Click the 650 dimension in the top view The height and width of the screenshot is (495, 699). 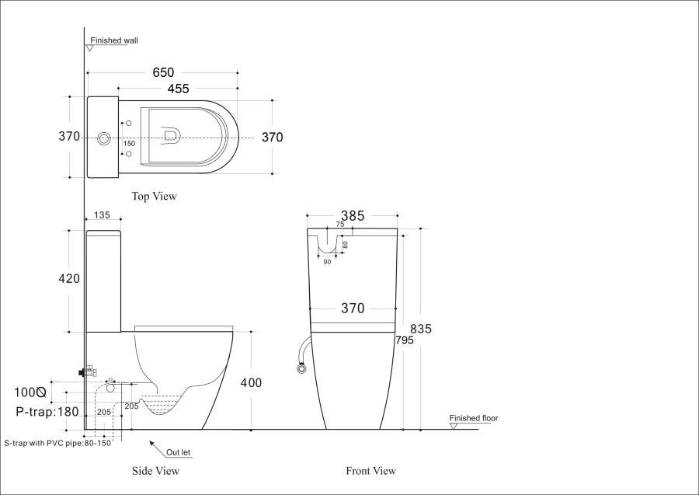coord(163,72)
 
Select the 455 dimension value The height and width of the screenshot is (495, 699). coord(178,89)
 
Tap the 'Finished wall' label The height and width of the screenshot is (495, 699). coord(114,40)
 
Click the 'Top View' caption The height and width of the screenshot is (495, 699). coord(154,197)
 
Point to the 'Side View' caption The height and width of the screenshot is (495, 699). coord(155,471)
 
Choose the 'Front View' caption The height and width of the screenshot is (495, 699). coord(370,471)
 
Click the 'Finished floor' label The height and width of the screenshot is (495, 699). coord(474,419)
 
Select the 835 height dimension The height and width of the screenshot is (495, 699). coord(421,329)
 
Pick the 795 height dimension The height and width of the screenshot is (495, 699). coord(404,340)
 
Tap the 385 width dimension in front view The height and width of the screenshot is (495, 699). coord(353,216)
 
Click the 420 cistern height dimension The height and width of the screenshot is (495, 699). coord(69,278)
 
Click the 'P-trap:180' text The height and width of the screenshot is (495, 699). coord(48,412)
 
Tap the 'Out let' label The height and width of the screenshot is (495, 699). coord(179,452)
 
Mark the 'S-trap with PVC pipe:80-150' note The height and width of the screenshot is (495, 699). coord(57,443)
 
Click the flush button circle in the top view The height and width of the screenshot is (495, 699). coord(103,140)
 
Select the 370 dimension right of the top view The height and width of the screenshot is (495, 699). coord(272,138)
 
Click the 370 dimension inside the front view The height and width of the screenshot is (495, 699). coord(353,309)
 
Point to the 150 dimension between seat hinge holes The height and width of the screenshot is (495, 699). coord(129,144)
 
